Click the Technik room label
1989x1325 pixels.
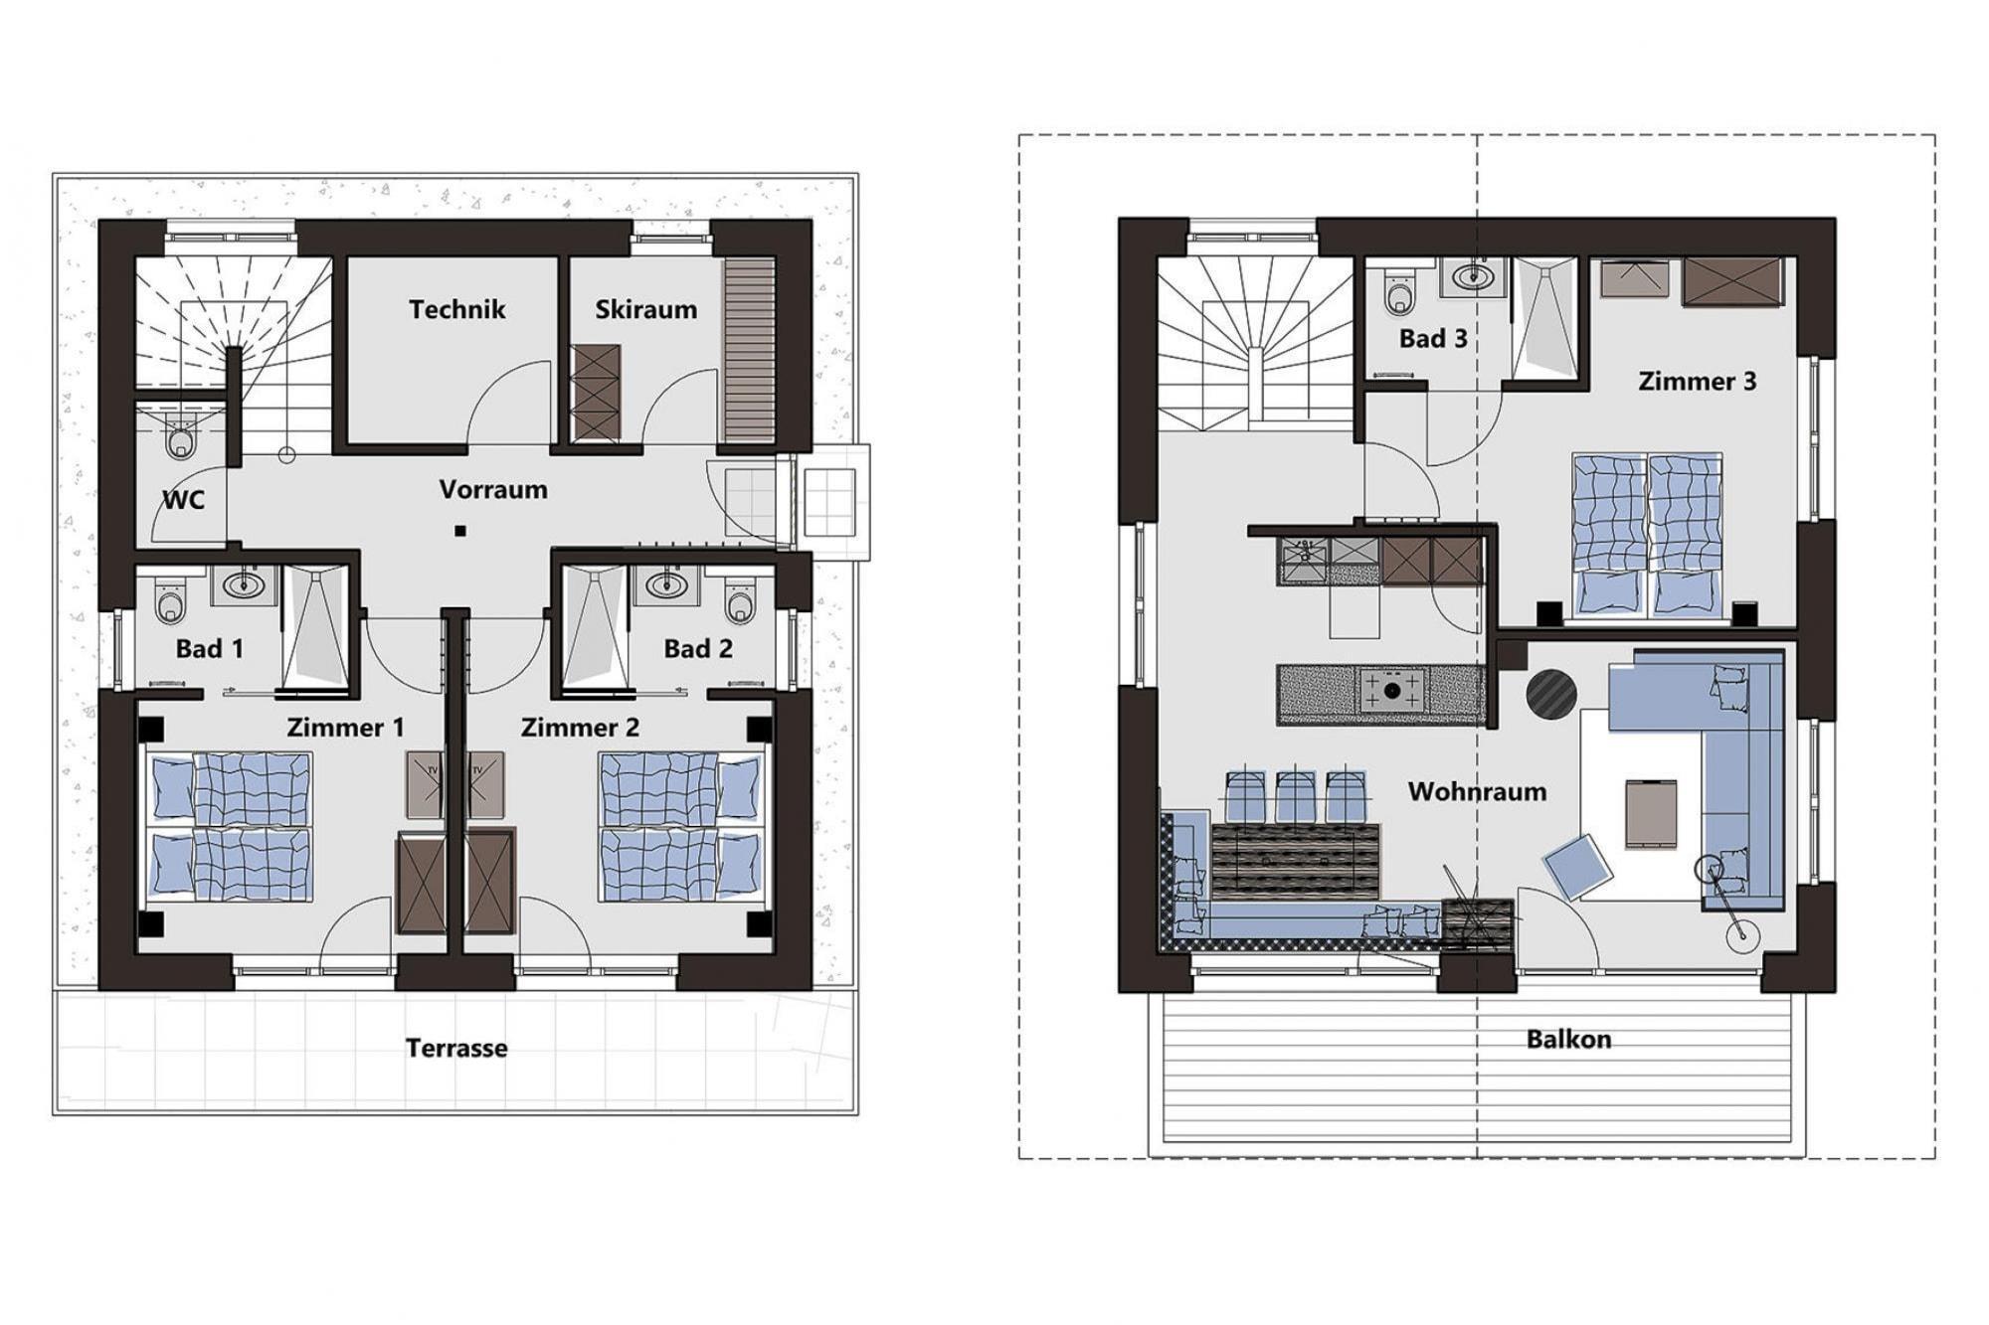click(x=457, y=309)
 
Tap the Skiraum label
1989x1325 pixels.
click(x=646, y=309)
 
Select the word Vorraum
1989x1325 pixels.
click(x=493, y=489)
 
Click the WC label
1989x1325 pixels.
click(x=184, y=499)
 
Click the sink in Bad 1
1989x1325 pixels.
click(x=243, y=584)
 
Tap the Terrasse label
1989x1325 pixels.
click(x=456, y=1048)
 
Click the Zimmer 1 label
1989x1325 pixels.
click(x=345, y=728)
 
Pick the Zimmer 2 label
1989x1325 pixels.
click(x=580, y=728)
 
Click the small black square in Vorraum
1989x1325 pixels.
click(x=460, y=531)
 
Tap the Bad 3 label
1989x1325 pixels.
click(x=1433, y=338)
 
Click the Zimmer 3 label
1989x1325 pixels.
click(x=1698, y=381)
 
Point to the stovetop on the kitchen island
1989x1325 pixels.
click(x=1392, y=690)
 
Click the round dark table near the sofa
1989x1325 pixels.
click(x=1551, y=694)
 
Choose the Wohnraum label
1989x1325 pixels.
click(x=1477, y=791)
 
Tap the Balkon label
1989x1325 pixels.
click(x=1568, y=1039)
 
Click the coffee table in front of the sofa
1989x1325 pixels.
click(x=1651, y=814)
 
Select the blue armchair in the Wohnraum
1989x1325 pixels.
click(x=1578, y=866)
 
